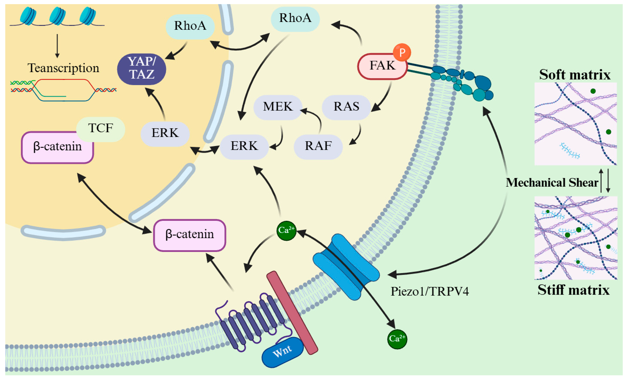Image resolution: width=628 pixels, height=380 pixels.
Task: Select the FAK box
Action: coord(382,66)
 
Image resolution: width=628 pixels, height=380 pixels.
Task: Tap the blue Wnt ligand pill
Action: coord(282,352)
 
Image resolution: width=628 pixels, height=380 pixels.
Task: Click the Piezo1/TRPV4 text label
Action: coord(430,291)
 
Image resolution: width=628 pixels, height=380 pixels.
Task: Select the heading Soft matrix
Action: coord(575,75)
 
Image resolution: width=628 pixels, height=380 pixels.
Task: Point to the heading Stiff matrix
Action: coord(573,290)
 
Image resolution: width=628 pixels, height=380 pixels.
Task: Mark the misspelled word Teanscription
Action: coord(63,68)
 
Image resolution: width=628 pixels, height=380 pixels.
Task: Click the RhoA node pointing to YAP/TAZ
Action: coord(190,26)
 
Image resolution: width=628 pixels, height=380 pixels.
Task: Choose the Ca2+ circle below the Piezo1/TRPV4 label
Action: coord(397,339)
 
